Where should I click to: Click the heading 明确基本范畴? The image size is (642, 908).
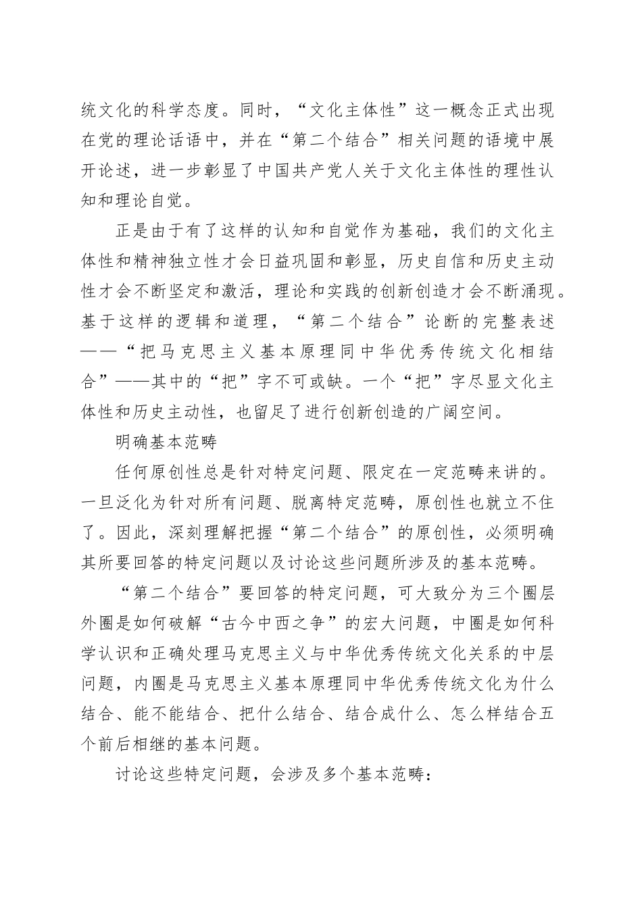[166, 442]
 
